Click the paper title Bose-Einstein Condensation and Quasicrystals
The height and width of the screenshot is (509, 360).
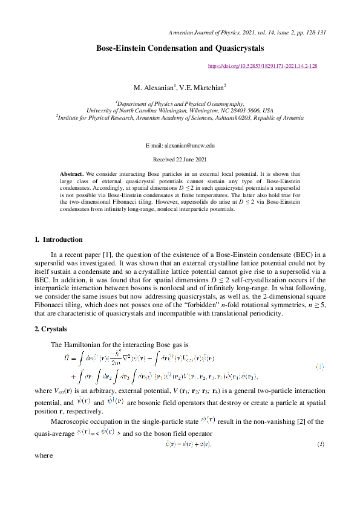(180, 48)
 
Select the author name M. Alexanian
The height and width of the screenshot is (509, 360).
(152, 88)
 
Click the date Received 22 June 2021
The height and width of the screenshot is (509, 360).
(180, 159)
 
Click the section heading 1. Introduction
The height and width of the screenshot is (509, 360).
(58, 240)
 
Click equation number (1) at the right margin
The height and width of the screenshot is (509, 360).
(320, 367)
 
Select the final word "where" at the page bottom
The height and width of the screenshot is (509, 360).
(44, 457)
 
